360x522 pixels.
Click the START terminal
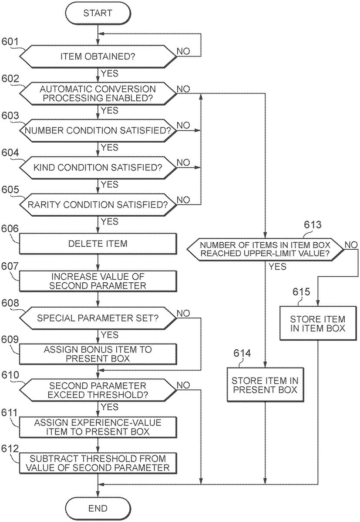tap(98, 13)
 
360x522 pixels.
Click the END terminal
tap(98, 508)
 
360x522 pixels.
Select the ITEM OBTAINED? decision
tap(98, 56)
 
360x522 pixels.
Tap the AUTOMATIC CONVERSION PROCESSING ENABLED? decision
tap(98, 93)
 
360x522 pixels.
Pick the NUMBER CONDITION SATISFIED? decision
tap(98, 130)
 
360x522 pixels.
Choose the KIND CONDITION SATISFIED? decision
tap(98, 167)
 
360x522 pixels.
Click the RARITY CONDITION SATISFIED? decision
tap(98, 204)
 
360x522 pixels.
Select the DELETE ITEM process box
tap(98, 244)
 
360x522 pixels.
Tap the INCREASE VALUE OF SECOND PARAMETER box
tap(98, 281)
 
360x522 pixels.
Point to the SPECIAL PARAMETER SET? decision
tap(98, 318)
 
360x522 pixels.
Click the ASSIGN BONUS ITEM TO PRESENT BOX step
tap(98, 354)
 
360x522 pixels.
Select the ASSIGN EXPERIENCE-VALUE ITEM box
tap(98, 427)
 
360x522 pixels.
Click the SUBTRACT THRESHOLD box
tap(98, 464)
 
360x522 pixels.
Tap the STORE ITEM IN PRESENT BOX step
tap(265, 384)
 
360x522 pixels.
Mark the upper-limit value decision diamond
tap(265, 249)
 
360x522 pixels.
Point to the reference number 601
tap(10, 42)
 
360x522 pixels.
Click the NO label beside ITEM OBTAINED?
tap(183, 51)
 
